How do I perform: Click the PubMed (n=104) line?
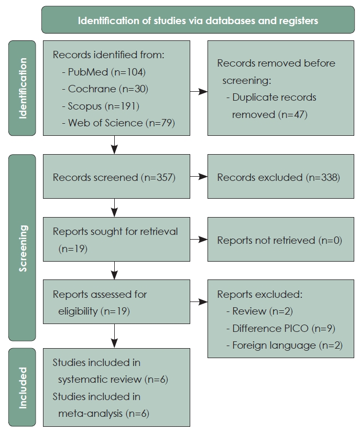(x=104, y=72)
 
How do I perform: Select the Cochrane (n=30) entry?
(x=105, y=89)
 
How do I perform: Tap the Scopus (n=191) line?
(x=101, y=106)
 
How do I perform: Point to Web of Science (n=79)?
(x=119, y=123)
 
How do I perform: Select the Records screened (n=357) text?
(x=114, y=178)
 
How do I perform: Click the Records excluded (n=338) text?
(x=279, y=178)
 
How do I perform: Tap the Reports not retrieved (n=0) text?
(x=280, y=241)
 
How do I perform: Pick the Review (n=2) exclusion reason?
(x=260, y=311)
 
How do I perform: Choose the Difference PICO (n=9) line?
(x=281, y=328)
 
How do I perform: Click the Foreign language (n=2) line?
(x=285, y=346)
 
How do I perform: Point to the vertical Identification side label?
(x=23, y=88)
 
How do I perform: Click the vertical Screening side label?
(x=23, y=249)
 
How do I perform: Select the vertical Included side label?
(x=23, y=388)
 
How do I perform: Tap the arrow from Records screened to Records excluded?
(x=199, y=177)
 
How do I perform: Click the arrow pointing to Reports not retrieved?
(x=199, y=240)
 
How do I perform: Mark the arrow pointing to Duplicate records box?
(x=199, y=92)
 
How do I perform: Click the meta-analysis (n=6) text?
(x=104, y=414)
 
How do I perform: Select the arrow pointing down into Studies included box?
(x=114, y=336)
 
